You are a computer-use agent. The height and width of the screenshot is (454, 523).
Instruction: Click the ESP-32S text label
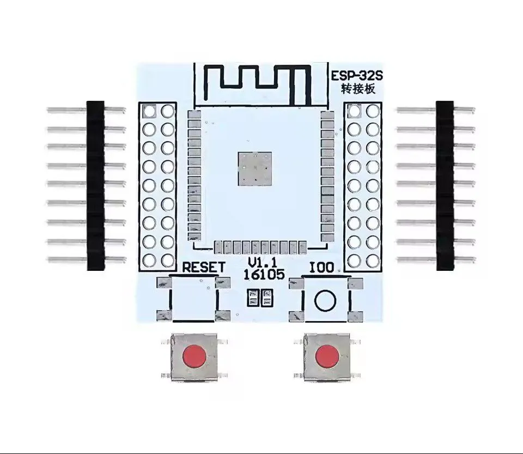[356, 76]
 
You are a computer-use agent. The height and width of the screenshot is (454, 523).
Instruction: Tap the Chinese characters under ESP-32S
[358, 89]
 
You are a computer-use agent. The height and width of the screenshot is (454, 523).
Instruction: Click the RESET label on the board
[204, 268]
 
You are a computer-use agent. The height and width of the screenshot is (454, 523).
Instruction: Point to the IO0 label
[321, 268]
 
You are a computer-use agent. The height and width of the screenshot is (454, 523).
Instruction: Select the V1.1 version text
[263, 262]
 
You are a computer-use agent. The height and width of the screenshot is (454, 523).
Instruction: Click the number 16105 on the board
[264, 275]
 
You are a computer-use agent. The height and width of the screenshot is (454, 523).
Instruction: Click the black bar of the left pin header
[95, 185]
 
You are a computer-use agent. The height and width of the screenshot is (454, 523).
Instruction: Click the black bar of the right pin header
[445, 185]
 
